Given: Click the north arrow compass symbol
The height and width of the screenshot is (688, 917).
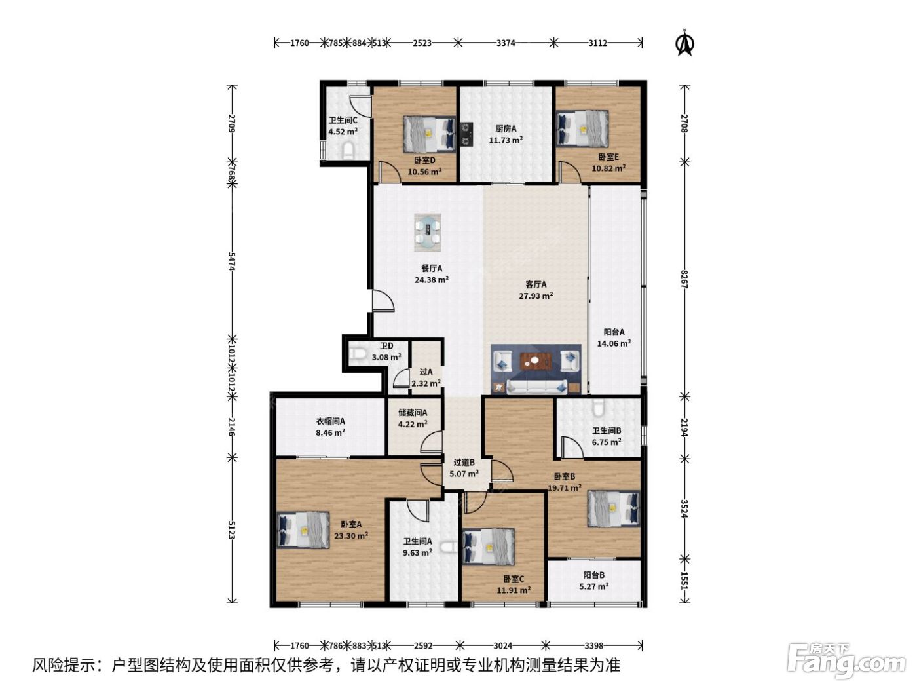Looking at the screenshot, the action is [x=685, y=43].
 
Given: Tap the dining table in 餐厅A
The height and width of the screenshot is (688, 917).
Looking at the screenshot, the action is [x=427, y=232].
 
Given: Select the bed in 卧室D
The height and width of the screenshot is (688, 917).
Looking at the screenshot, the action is [x=429, y=134].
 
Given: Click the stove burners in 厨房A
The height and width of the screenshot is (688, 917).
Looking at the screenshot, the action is [x=466, y=134].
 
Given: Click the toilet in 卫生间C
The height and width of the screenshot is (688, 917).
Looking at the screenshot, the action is [x=348, y=151].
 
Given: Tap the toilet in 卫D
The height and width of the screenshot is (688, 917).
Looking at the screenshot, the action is [x=358, y=354].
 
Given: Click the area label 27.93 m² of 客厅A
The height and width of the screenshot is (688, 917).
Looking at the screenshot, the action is [x=536, y=296].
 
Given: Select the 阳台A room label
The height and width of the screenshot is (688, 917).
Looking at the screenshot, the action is [x=614, y=332].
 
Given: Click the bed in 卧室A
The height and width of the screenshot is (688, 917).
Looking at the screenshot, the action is [x=303, y=530].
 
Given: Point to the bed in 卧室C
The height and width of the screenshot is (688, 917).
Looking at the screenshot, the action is [x=489, y=547].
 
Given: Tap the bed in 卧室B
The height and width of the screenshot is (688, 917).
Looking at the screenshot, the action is [x=613, y=508].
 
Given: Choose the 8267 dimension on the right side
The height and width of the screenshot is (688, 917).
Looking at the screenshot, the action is [x=684, y=278].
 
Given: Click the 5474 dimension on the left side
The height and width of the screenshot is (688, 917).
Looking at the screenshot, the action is [x=231, y=261].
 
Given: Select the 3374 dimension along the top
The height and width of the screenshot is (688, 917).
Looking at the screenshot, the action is [x=506, y=43].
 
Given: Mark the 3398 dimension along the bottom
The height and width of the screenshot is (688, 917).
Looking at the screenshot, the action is [x=593, y=646].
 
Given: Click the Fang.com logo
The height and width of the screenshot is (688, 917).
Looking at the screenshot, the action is [x=846, y=662].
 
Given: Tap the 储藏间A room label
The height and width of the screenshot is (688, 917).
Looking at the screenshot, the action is [x=413, y=413].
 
